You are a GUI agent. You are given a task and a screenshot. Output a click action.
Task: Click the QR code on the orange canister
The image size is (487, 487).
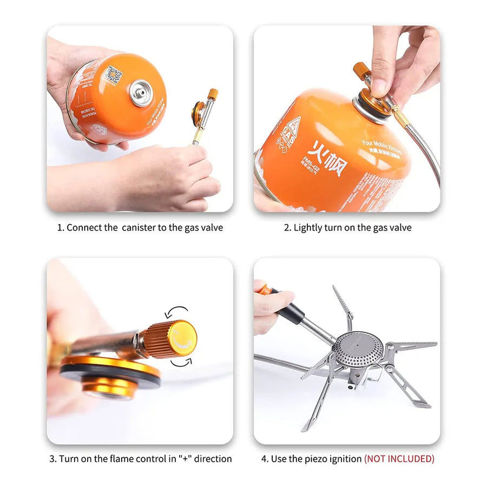point(113,75)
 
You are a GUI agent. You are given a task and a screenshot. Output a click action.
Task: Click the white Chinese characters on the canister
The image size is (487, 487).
point(327,157)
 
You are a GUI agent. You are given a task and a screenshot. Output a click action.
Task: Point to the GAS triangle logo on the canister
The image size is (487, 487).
point(289,133)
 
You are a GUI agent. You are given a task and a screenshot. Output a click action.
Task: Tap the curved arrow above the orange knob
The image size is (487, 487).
point(177,312)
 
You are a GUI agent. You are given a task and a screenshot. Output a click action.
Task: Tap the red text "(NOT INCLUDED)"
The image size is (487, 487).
point(399,459)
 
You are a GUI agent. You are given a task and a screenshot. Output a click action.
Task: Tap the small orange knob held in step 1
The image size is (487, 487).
point(213,94)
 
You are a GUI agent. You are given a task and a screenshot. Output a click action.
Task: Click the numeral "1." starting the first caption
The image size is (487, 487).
point(61,228)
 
